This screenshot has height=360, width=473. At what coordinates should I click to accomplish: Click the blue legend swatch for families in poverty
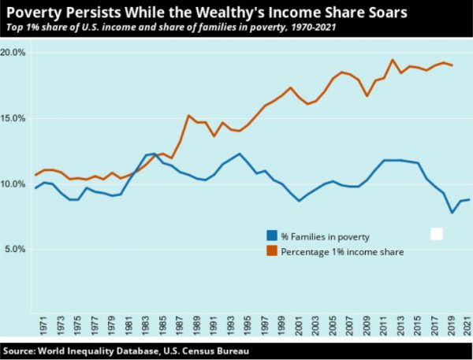point(270,236)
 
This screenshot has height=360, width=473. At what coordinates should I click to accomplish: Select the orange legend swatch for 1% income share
point(270,251)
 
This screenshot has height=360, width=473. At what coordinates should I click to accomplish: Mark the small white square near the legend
point(436,234)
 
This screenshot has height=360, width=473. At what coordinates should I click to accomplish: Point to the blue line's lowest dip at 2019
point(453,213)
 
